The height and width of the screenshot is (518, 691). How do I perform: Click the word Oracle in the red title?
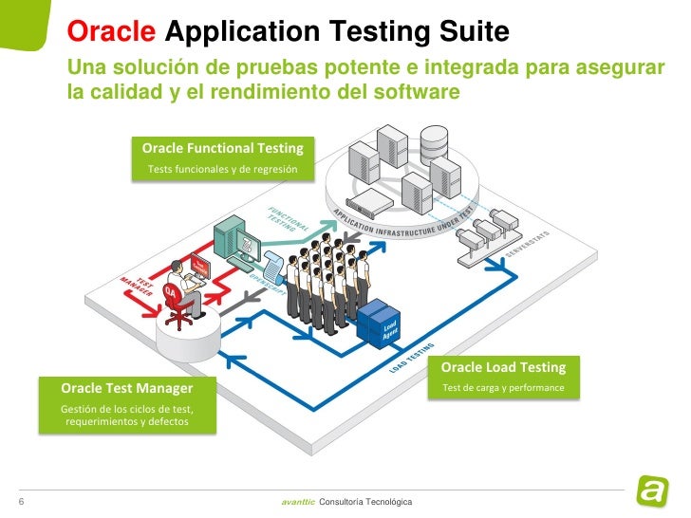[x=112, y=33]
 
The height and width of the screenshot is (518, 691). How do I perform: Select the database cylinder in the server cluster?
[x=434, y=142]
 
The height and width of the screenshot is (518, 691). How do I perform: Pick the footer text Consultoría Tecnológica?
[x=366, y=500]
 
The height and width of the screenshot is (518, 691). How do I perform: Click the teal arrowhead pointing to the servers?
[x=332, y=224]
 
